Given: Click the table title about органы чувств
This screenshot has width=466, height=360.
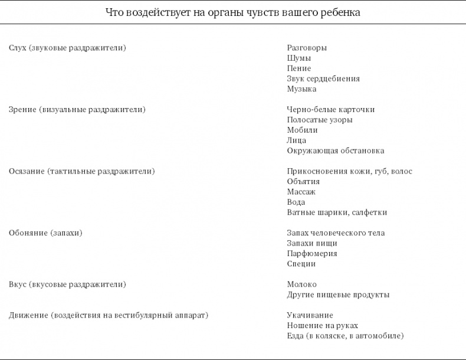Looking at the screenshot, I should pos(233,12).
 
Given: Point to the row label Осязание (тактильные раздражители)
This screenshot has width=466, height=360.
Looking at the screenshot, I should pos(82,171).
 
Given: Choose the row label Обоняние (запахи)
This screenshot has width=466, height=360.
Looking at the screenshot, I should pos(45,233).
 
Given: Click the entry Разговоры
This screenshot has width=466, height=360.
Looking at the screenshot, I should pos(307,48).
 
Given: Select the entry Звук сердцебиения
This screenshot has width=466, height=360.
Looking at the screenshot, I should pos(323,78).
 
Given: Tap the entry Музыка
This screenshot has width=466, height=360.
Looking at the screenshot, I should pos(301,89).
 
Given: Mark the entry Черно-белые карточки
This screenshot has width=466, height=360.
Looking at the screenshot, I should pos(331,110).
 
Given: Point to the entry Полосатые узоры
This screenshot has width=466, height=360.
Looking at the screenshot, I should pos(320,120).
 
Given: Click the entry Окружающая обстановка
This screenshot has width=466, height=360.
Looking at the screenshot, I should pos(336,150).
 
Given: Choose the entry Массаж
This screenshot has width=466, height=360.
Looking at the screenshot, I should pos(301,192).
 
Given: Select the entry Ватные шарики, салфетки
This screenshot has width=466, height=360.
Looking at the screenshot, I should pos(337,212).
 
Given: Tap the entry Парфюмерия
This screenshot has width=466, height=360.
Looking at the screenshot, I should pos(312,254).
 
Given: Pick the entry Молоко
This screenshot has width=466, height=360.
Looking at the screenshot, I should pos(302,284).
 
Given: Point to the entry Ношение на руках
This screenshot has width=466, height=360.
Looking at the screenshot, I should pos(323,326).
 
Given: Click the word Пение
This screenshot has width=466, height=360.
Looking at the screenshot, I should pos(299,68).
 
